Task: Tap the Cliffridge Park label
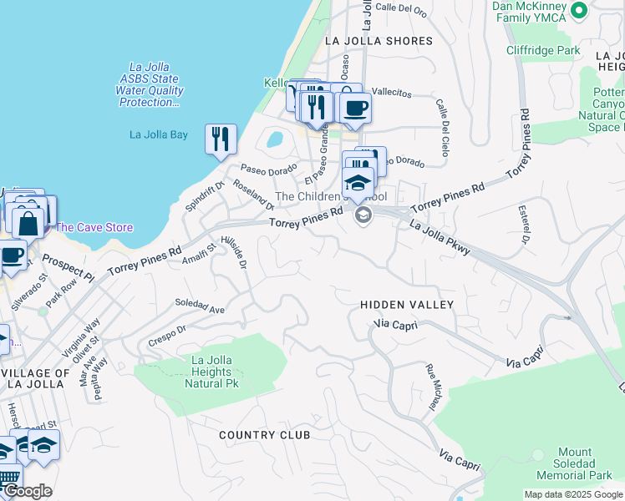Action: (x=543, y=50)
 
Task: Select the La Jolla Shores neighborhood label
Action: (x=379, y=41)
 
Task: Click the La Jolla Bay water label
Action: (x=159, y=134)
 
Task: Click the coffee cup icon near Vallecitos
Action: (x=355, y=107)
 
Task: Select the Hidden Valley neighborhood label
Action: (x=406, y=306)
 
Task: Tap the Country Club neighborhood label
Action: (x=264, y=435)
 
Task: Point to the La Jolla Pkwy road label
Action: (x=440, y=237)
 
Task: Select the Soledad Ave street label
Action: (x=200, y=306)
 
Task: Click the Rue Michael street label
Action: (x=433, y=387)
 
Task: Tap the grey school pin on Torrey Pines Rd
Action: (x=363, y=215)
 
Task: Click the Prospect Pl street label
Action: (x=68, y=266)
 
